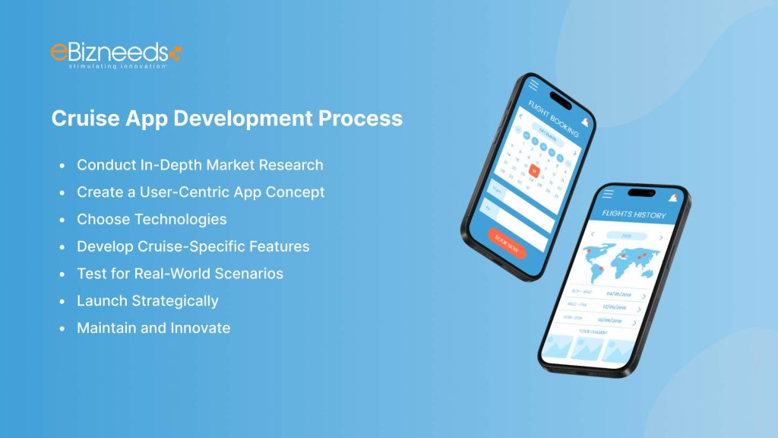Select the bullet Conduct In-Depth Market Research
(x=200, y=165)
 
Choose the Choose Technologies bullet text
(x=152, y=220)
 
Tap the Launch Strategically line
(x=147, y=301)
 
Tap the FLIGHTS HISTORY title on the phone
(x=634, y=215)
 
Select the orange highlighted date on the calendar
(x=535, y=171)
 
